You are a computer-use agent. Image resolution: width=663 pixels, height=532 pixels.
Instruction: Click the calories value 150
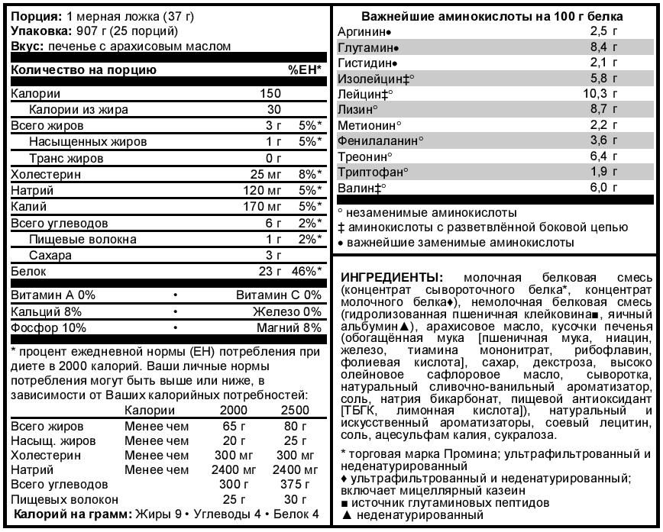point(270,93)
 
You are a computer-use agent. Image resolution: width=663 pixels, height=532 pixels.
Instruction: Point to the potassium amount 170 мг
point(263,206)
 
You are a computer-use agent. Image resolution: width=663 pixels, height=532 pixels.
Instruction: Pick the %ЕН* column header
point(304,70)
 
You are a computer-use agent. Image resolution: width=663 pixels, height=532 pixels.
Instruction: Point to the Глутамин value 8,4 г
point(603,47)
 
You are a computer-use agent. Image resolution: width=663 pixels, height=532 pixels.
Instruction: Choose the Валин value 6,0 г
point(603,187)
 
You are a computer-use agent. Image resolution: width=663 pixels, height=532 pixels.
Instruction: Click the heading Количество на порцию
point(84,70)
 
